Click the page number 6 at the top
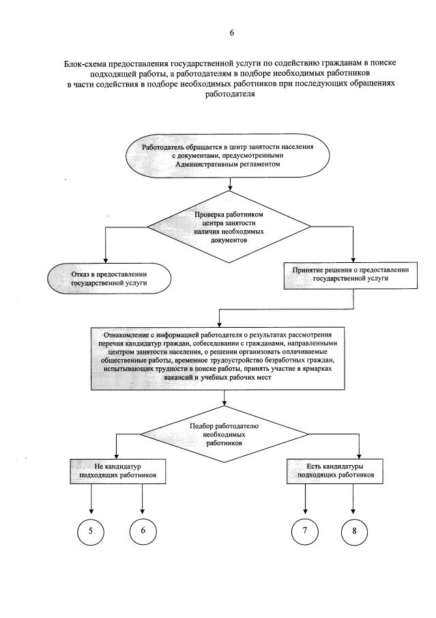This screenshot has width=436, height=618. click(231, 33)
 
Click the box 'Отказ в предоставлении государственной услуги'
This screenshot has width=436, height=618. click(108, 279)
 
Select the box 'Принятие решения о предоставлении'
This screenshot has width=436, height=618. click(351, 274)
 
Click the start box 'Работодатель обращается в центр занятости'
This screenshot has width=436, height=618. click(229, 156)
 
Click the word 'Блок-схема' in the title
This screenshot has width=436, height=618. click(83, 63)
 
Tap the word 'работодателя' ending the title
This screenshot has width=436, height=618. click(231, 94)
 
